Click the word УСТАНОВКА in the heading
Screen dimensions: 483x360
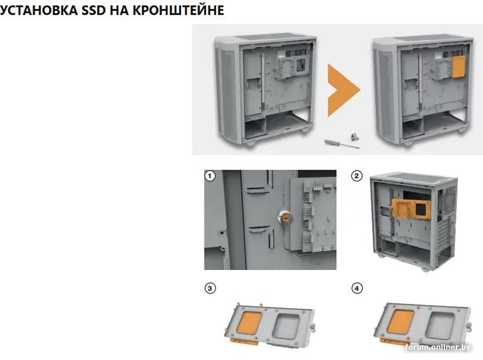[39, 10]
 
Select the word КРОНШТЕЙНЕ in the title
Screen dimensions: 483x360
[178, 10]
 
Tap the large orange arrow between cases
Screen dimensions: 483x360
[344, 90]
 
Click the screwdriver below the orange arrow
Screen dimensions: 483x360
[342, 144]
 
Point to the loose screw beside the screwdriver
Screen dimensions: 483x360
[355, 136]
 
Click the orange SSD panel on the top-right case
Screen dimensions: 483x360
[459, 67]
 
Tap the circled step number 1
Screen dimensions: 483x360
[210, 176]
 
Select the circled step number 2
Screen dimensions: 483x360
[357, 176]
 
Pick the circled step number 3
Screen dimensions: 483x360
[210, 289]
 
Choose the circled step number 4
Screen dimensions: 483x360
[357, 289]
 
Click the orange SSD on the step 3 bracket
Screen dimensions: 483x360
[249, 323]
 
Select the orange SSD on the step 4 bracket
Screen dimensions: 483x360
[400, 321]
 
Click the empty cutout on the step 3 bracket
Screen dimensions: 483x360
[286, 326]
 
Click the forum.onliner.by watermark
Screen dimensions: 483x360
[438, 347]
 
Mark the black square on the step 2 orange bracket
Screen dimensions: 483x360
[422, 209]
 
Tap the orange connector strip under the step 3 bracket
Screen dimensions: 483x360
[243, 341]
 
